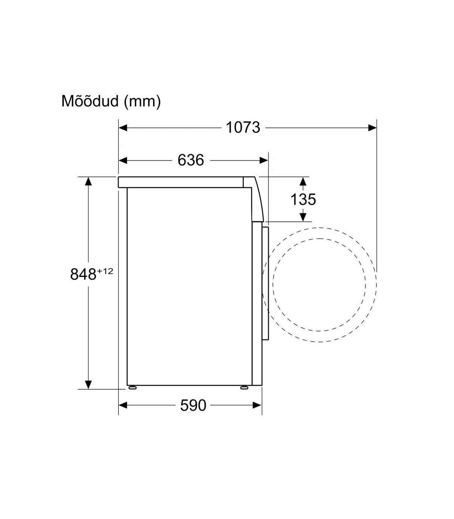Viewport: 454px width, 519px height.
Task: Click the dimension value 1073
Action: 243,127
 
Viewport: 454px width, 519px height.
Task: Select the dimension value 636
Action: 190,160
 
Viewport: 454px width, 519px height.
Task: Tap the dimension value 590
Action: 193,406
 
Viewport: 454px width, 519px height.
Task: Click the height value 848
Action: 83,275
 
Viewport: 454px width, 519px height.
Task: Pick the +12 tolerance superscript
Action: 105,272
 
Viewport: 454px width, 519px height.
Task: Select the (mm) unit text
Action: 142,102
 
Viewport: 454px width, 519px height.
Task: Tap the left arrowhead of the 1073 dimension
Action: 123,127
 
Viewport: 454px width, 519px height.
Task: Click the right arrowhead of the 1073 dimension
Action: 372,127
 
